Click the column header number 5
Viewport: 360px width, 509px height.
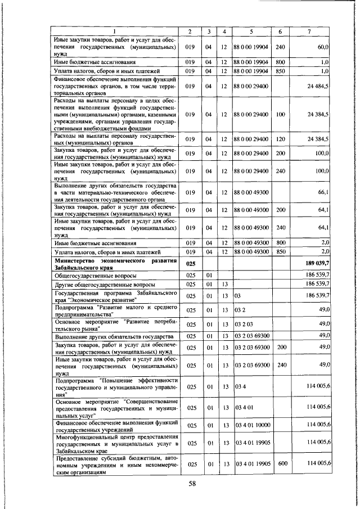[250, 31]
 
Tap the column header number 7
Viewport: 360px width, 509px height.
[310, 31]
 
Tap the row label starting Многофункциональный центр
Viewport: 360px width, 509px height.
[115, 443]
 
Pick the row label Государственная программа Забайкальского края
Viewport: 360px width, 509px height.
[115, 295]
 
